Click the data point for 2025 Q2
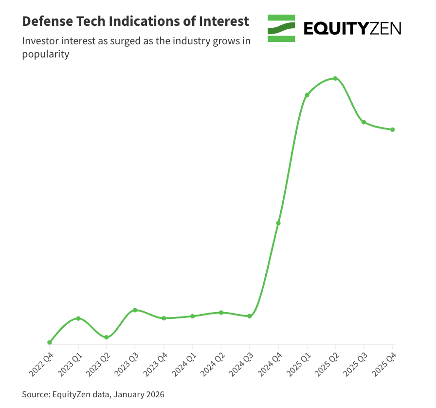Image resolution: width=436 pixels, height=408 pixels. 335,78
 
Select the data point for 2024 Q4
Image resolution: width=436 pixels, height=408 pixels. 278,223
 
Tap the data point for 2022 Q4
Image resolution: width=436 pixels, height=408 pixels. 50,342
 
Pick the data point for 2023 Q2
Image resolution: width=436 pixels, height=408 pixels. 107,337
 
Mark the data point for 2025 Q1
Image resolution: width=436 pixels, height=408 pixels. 307,95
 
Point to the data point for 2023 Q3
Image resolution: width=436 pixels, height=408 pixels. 135,310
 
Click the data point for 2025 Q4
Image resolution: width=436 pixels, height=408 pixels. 393,130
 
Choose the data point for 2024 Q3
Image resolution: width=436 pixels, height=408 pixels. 250,316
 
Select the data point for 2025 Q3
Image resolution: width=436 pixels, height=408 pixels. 363,122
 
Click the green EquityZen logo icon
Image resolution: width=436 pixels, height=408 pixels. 281,28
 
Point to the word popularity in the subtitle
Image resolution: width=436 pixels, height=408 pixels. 46,55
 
